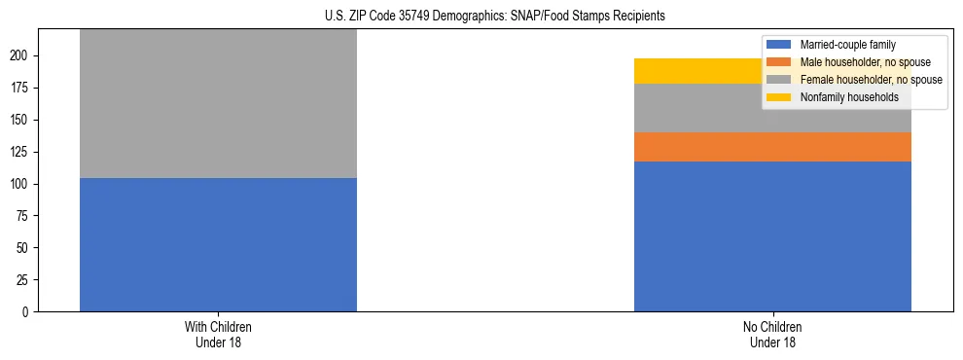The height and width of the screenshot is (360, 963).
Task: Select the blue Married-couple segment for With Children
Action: (218, 244)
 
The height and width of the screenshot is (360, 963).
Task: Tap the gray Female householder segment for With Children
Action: (218, 103)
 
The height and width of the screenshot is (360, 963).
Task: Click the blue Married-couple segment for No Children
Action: (772, 236)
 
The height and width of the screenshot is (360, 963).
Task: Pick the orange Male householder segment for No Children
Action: (772, 147)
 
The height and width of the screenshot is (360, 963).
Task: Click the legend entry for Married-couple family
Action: (847, 45)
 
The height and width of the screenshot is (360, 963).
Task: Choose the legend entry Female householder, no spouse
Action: (871, 80)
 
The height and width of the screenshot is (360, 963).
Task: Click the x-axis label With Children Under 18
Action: (218, 335)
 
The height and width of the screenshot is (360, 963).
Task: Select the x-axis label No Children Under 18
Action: (772, 335)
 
